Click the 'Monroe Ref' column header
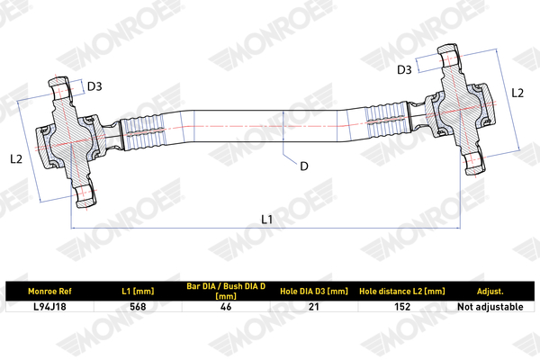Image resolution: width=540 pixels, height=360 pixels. coord(49,292)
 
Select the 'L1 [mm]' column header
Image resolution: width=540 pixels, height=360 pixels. coord(138,292)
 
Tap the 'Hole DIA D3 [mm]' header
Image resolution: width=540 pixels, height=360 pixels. coord(314,292)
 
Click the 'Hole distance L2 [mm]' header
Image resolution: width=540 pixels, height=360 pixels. coord(402,292)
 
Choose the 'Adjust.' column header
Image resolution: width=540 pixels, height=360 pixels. coord(490,292)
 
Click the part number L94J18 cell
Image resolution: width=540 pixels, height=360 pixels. coord(49,307)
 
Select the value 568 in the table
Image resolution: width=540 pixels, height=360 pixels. coord(138,307)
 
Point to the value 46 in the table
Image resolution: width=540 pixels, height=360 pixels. coord(226,307)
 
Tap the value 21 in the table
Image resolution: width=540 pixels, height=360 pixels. coord(314,307)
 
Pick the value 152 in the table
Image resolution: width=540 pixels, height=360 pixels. coord(402,307)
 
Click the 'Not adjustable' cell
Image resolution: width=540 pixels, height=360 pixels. coord(490,307)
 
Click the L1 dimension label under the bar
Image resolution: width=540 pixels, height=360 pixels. coord(267,219)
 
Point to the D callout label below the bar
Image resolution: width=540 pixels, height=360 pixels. coord(304,166)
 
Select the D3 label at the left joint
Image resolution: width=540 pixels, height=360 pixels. coord(94,86)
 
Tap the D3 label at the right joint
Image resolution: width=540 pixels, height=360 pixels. coord(404,70)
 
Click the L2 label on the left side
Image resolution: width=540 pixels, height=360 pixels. coord(16,158)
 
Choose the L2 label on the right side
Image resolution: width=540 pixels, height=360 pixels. coord(517,93)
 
